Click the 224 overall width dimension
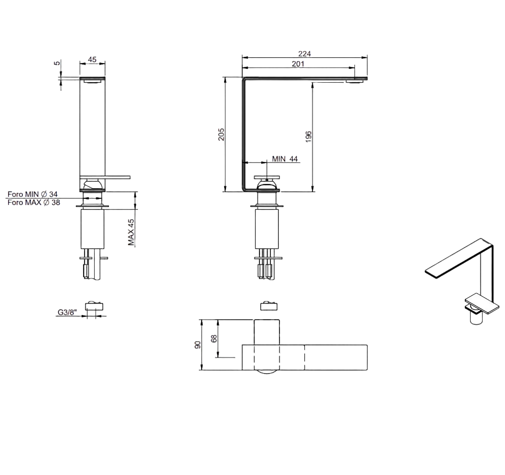pos(304,54)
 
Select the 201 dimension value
pos(298,64)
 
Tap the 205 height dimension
pos(221,134)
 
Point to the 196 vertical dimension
pos(308,137)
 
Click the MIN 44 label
pos(285,159)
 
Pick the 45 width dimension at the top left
pos(92,60)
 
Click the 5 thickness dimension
pos(57,63)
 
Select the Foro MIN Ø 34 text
pos(32,194)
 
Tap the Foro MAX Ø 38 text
pos(34,203)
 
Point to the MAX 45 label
pos(131,232)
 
